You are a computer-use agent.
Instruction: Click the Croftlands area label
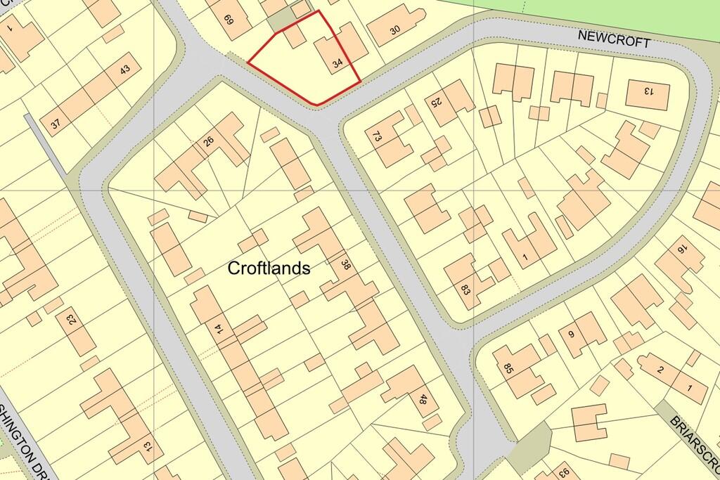tap(269, 268)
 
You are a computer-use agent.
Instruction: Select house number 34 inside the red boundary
tap(337, 64)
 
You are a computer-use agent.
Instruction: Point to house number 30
tap(395, 30)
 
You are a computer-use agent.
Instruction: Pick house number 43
tap(125, 70)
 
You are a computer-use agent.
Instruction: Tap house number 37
tap(56, 123)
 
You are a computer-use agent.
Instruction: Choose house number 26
tap(208, 141)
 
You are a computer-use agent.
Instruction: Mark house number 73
tap(377, 136)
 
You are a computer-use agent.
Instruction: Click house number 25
tap(436, 102)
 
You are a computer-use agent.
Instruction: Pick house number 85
tap(509, 367)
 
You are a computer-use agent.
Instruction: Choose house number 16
tap(681, 249)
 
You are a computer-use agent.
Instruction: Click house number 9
tap(571, 335)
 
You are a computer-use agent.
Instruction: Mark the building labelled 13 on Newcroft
tap(647, 90)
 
